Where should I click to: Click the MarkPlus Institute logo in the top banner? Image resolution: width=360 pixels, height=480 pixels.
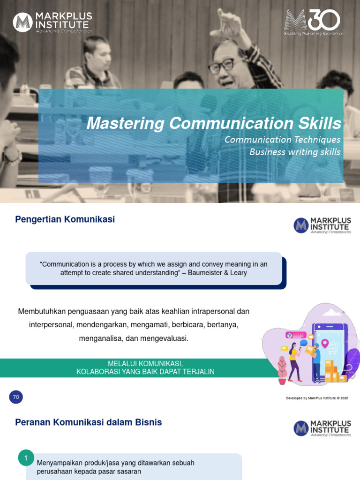(52, 22)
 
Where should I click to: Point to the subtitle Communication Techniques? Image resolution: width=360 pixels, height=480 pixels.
(282, 140)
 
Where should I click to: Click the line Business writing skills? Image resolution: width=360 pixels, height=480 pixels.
(295, 152)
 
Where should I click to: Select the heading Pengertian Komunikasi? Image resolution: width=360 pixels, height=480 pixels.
(65, 219)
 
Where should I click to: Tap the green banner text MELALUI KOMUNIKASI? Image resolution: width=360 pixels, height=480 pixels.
(145, 364)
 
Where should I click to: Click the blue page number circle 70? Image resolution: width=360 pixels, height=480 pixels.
(16, 397)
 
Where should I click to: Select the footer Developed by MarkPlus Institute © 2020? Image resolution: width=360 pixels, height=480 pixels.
(317, 398)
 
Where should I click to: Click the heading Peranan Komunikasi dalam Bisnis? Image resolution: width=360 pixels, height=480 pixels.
(89, 422)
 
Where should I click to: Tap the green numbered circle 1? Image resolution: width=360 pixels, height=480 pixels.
(26, 458)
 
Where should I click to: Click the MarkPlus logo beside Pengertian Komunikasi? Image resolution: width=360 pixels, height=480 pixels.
(322, 225)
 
